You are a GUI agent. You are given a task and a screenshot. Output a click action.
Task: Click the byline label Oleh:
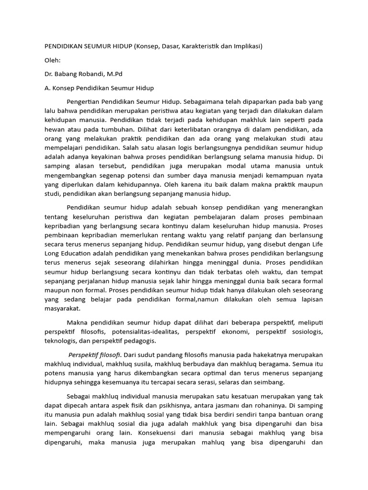click(53, 60)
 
